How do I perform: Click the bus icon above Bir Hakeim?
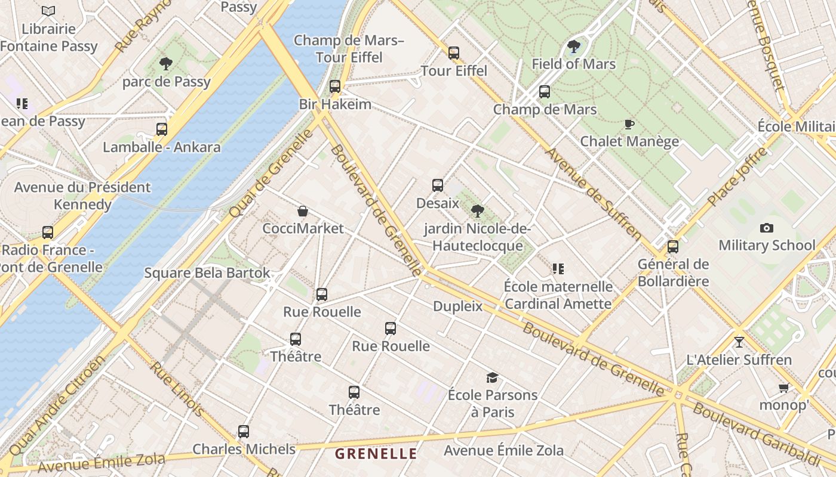click(x=335, y=86)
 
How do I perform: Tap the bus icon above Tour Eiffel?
click(x=454, y=52)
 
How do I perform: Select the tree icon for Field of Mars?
click(x=573, y=45)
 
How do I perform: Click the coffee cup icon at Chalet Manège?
click(x=629, y=124)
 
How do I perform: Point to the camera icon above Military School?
click(x=767, y=228)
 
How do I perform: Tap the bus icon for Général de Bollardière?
click(x=673, y=246)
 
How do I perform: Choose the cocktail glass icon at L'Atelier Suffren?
click(x=739, y=342)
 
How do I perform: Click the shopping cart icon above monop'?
click(x=784, y=388)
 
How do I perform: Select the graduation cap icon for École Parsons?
click(x=492, y=377)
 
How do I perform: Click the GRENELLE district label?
click(x=376, y=454)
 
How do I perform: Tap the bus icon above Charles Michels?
click(x=244, y=431)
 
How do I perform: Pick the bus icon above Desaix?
click(x=438, y=185)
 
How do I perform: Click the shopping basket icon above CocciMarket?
click(x=303, y=211)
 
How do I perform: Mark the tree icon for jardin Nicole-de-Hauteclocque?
click(x=477, y=210)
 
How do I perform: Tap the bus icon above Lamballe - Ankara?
click(x=162, y=129)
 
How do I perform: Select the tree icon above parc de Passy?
click(x=166, y=63)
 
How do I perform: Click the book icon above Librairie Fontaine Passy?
click(x=48, y=11)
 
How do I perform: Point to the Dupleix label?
click(x=457, y=306)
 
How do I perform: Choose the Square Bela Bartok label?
click(x=207, y=273)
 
